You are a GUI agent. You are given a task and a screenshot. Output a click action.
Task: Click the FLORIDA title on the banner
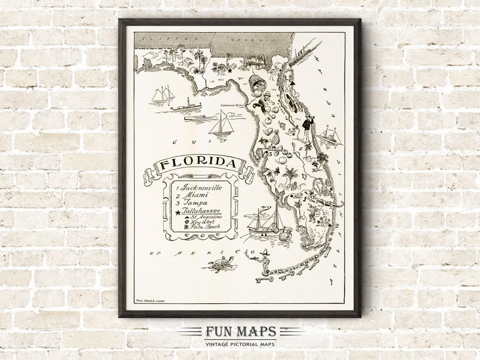[199, 165]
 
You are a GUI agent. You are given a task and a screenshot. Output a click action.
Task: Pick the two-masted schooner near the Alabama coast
[163, 95]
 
